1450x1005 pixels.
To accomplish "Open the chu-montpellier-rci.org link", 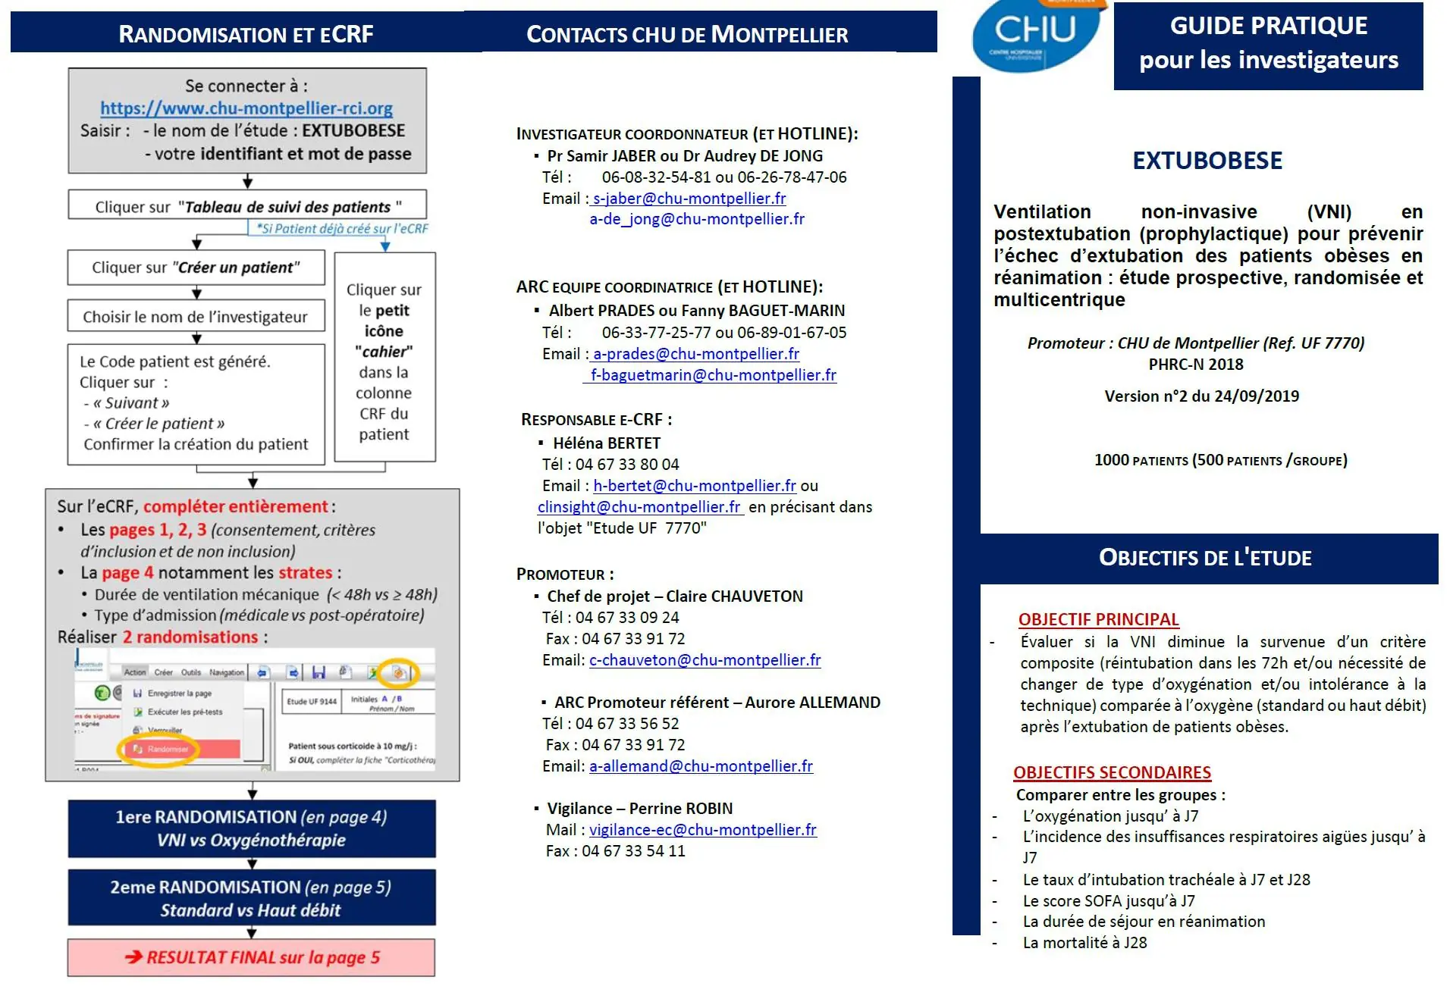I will pos(246,108).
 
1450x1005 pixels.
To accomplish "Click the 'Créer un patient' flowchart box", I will pos(196,268).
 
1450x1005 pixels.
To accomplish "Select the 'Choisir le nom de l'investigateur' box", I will pos(196,317).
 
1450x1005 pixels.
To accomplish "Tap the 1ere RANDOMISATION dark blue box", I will pos(252,828).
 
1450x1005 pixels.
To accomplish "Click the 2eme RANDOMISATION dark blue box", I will pos(252,898).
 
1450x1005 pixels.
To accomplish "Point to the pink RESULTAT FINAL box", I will pos(252,957).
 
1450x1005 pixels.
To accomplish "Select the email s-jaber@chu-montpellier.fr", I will pos(689,199).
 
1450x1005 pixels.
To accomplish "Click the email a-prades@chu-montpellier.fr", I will pos(695,354).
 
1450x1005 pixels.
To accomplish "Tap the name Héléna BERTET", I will pos(607,443).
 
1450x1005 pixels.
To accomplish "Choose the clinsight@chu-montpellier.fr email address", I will pos(639,507).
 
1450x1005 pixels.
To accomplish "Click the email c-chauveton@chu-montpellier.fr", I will pos(705,660).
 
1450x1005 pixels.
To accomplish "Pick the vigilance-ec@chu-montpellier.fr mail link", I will pos(702,830).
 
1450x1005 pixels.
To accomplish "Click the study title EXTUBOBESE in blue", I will pos(1207,161).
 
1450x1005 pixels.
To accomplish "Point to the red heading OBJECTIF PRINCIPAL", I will pos(1098,619).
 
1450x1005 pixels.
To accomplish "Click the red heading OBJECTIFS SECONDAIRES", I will pos(1112,772).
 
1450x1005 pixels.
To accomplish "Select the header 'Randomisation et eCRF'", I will pos(246,34).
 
